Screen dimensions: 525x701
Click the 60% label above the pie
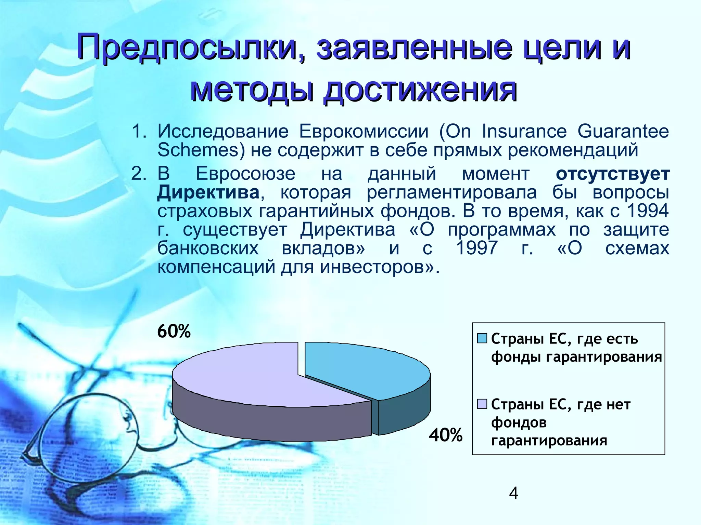click(x=174, y=331)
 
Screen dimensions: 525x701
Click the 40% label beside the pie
click(x=446, y=435)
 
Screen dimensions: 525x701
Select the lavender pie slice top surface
click(x=246, y=376)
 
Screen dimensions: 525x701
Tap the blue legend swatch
click(x=482, y=338)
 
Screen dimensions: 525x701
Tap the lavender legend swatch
click(x=482, y=404)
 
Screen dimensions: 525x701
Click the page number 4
click(x=514, y=494)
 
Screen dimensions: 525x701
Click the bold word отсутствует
click(x=612, y=174)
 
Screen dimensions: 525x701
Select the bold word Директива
click(x=208, y=192)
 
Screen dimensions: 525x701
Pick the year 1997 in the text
click(x=477, y=248)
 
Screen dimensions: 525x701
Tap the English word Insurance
click(x=524, y=131)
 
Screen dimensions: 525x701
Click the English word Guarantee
click(x=623, y=131)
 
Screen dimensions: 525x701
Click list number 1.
click(x=139, y=132)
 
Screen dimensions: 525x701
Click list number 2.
click(x=139, y=174)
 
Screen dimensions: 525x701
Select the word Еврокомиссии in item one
click(x=364, y=131)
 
